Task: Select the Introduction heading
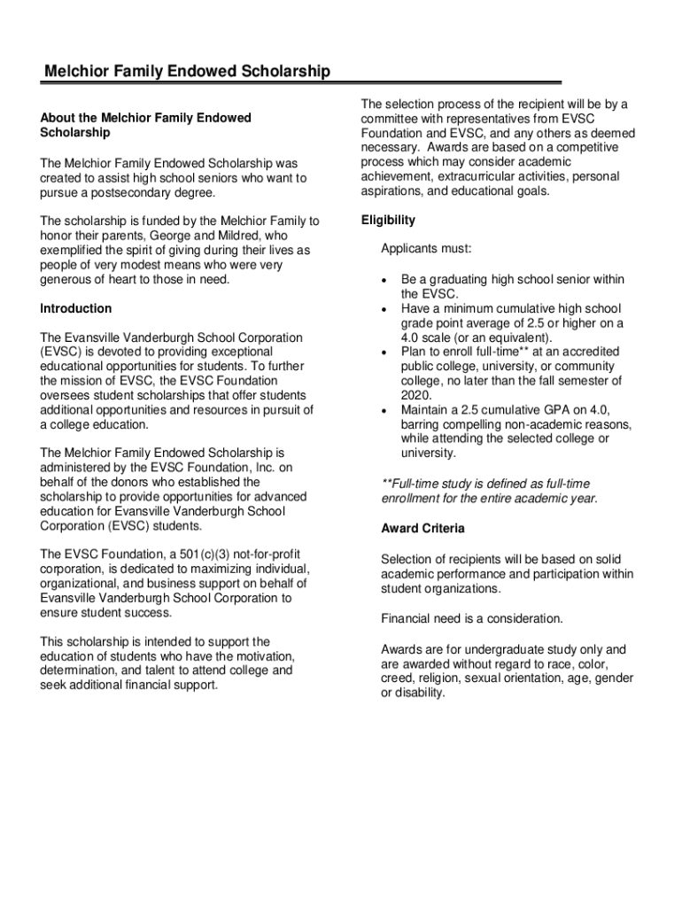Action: coord(76,308)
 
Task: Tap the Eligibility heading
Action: coord(388,220)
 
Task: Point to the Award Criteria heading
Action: coord(422,529)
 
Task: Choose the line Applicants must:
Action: coord(426,249)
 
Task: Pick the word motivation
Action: coord(261,655)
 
